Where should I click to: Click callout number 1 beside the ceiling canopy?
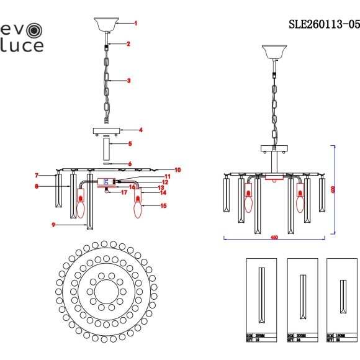[x=136, y=23]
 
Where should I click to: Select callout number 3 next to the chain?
[x=128, y=81]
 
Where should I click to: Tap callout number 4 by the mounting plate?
[x=141, y=130]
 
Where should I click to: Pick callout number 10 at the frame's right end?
[x=177, y=169]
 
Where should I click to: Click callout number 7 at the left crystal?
[x=37, y=176]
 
